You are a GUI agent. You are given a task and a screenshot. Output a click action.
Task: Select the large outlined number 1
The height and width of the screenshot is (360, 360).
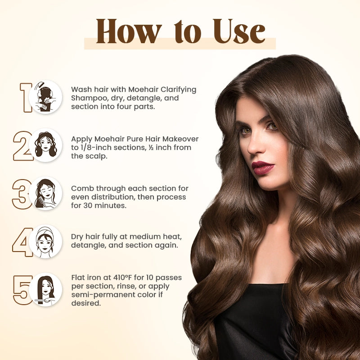(x=25, y=97)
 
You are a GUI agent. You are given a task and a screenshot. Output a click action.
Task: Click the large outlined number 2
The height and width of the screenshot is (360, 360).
(x=22, y=145)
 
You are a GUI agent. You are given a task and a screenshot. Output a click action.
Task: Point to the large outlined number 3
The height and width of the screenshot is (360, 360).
(x=21, y=194)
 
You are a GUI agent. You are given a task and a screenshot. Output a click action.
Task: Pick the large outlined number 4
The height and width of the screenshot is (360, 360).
(x=22, y=243)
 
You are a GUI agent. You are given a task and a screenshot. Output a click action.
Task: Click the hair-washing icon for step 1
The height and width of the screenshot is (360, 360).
(x=45, y=97)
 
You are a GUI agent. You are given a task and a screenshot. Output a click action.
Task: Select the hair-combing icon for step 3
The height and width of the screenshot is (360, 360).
(x=45, y=193)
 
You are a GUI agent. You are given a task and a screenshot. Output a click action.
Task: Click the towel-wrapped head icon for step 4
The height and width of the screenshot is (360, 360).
(x=45, y=242)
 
